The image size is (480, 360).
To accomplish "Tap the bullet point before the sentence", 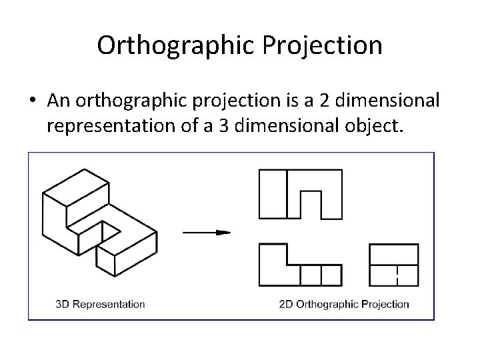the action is pos(32,100).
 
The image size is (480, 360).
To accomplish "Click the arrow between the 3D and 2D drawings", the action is pos(206,232).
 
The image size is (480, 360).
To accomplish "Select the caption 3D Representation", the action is pos(100,304).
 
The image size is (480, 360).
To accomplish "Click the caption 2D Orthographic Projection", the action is pos(344,304).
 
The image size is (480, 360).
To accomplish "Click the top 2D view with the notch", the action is pos(300,193).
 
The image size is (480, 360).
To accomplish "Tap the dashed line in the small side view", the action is pos(397,275).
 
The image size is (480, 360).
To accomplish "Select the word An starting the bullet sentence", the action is pos(58,100).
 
